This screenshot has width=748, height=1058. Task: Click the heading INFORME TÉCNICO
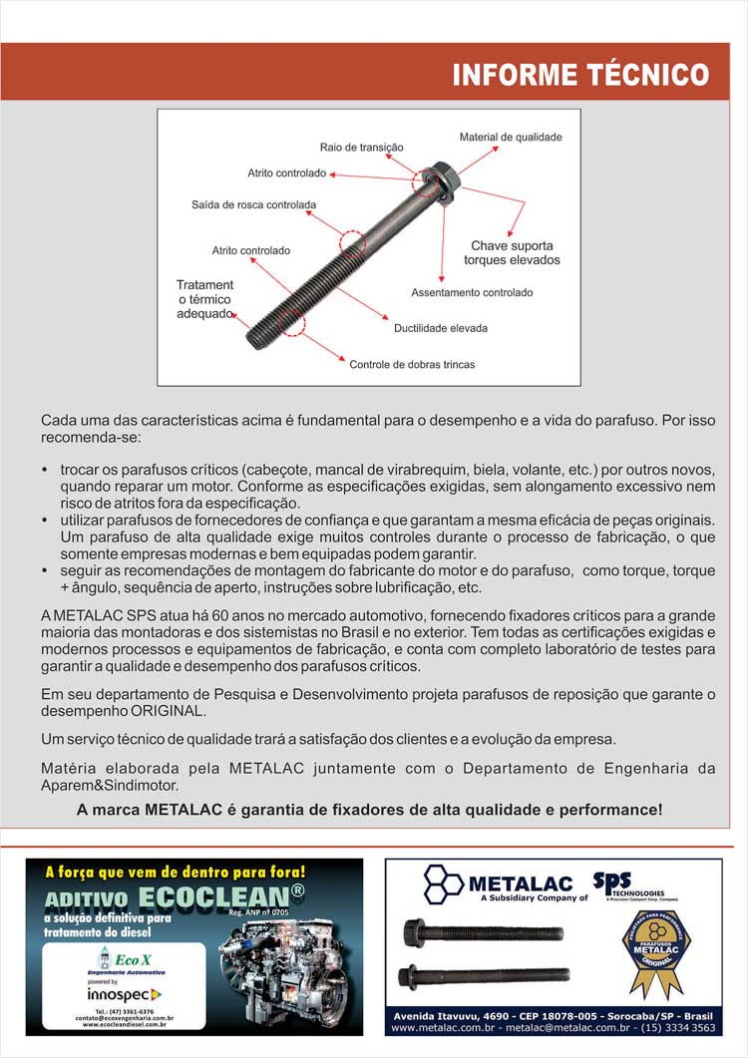click(580, 75)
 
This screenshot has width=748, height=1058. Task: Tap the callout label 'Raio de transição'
click(361, 147)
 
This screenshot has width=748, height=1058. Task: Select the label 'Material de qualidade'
click(511, 137)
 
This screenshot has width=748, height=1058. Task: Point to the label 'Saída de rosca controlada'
click(253, 205)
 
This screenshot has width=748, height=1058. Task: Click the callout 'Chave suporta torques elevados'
click(512, 252)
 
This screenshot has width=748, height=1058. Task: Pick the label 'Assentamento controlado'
click(472, 293)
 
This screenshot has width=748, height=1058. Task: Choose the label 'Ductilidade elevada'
click(440, 328)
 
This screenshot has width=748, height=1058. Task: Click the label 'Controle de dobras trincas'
click(412, 365)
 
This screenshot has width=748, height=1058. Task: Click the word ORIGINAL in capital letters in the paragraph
click(169, 712)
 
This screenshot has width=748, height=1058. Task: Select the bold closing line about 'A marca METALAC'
click(369, 810)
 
